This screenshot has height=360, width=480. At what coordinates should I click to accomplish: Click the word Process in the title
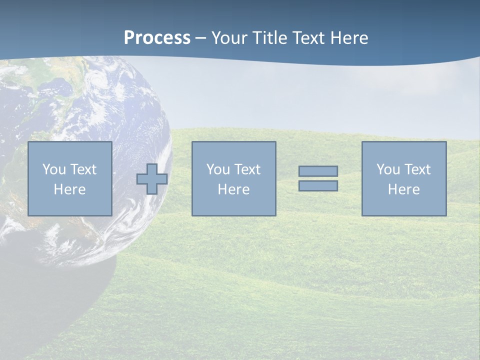[157, 38]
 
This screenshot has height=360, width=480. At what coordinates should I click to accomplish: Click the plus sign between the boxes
[152, 179]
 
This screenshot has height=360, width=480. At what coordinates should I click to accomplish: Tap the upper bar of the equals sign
[318, 171]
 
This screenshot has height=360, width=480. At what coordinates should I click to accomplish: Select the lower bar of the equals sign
[318, 186]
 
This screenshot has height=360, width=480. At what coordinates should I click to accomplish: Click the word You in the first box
[54, 169]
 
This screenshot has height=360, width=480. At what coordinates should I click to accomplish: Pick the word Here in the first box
[70, 189]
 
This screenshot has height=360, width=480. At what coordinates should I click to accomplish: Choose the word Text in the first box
[83, 169]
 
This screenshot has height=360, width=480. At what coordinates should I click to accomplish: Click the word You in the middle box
[218, 169]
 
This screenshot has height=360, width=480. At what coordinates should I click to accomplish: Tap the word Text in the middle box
[247, 169]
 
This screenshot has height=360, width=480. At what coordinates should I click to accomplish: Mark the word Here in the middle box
[234, 189]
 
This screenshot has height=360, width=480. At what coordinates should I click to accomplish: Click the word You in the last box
[388, 169]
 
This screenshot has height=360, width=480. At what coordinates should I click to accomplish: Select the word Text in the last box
[417, 169]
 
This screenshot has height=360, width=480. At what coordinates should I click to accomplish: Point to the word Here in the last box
[404, 189]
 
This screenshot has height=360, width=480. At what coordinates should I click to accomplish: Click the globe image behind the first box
[100, 100]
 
